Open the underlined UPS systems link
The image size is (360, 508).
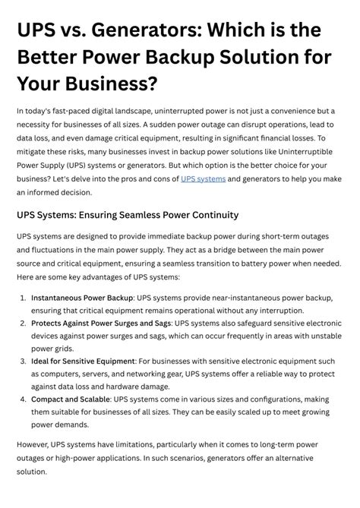(203, 178)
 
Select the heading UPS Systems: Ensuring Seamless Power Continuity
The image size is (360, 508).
(128, 215)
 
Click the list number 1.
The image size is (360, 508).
(24, 298)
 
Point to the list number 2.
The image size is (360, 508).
(24, 323)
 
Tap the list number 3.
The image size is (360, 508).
(24, 361)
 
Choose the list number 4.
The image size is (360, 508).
(24, 398)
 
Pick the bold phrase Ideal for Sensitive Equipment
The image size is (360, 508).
(83, 361)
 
